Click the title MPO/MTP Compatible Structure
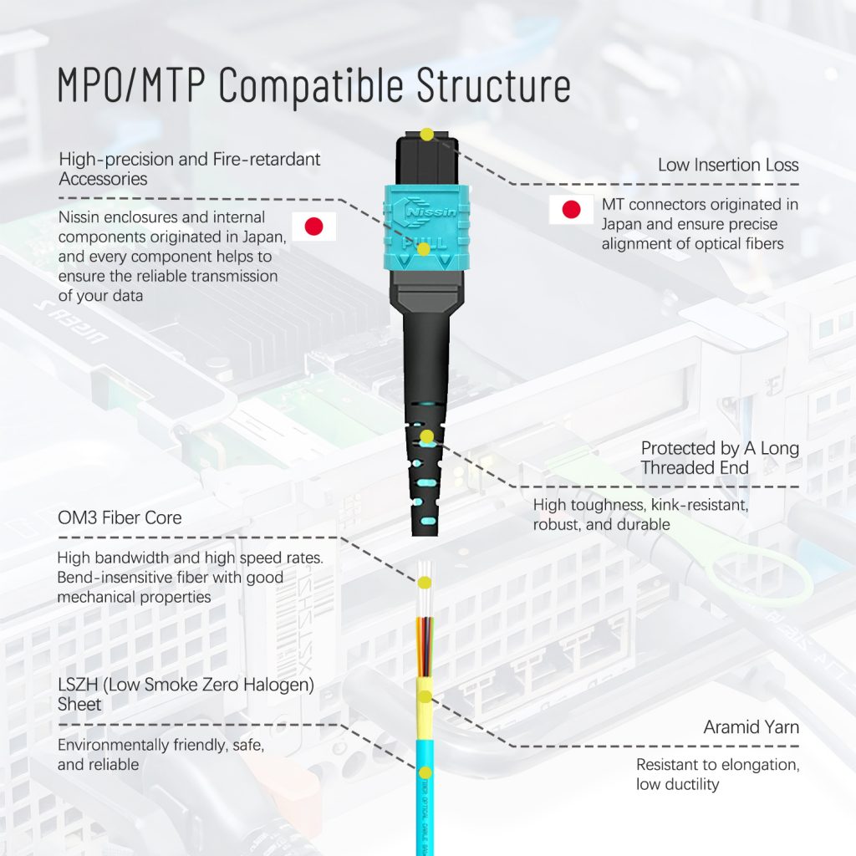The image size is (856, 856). (313, 85)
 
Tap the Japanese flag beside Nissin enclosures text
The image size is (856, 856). (313, 227)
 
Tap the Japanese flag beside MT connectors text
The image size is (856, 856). (571, 209)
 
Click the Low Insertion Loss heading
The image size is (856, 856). (727, 165)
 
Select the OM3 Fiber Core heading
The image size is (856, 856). (120, 517)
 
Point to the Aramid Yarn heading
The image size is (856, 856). (751, 727)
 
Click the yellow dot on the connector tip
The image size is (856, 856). (426, 134)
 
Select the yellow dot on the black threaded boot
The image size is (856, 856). (427, 436)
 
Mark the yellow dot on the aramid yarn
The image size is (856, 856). (425, 696)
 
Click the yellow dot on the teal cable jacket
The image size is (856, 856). (426, 772)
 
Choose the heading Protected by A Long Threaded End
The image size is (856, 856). (719, 457)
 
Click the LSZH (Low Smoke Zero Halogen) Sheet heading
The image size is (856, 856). (186, 695)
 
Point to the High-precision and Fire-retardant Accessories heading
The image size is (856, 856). (189, 168)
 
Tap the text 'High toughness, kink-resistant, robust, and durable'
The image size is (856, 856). (639, 515)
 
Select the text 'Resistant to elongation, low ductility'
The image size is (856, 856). (717, 774)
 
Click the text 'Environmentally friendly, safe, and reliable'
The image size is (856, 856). (160, 755)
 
